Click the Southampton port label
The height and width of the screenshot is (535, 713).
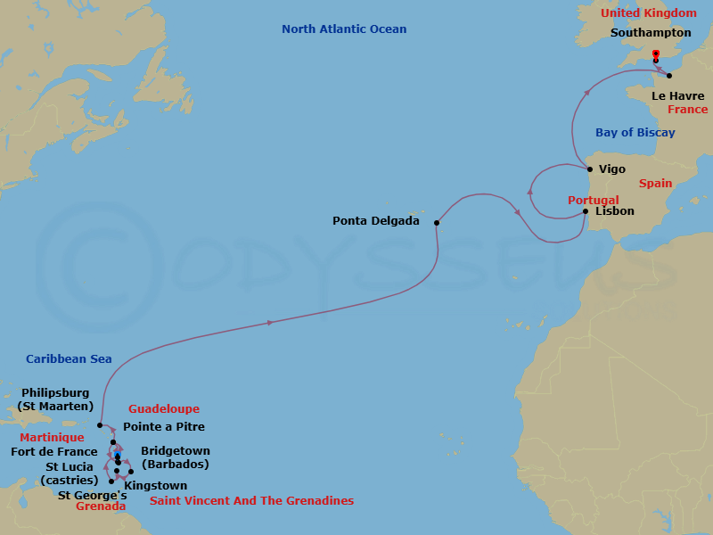click(651, 32)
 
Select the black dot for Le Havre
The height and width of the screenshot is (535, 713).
click(669, 76)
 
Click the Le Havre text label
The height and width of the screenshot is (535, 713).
click(677, 95)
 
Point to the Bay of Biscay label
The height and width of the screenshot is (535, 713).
click(635, 133)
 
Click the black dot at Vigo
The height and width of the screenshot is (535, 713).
click(589, 169)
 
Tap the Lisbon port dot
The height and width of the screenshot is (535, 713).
click(586, 211)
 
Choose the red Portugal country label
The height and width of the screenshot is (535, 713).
click(593, 201)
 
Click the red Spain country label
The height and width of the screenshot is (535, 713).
click(655, 183)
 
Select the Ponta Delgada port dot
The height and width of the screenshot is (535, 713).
click(437, 223)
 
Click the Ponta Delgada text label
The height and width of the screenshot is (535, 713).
click(375, 221)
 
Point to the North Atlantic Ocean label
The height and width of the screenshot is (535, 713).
click(344, 29)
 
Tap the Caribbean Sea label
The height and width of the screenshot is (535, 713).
click(69, 358)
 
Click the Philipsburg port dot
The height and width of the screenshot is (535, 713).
click(100, 425)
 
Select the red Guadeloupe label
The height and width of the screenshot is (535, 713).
click(164, 409)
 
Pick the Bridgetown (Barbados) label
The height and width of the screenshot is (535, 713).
click(176, 457)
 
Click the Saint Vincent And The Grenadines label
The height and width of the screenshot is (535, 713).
click(251, 501)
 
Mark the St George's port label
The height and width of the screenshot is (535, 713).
click(92, 495)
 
